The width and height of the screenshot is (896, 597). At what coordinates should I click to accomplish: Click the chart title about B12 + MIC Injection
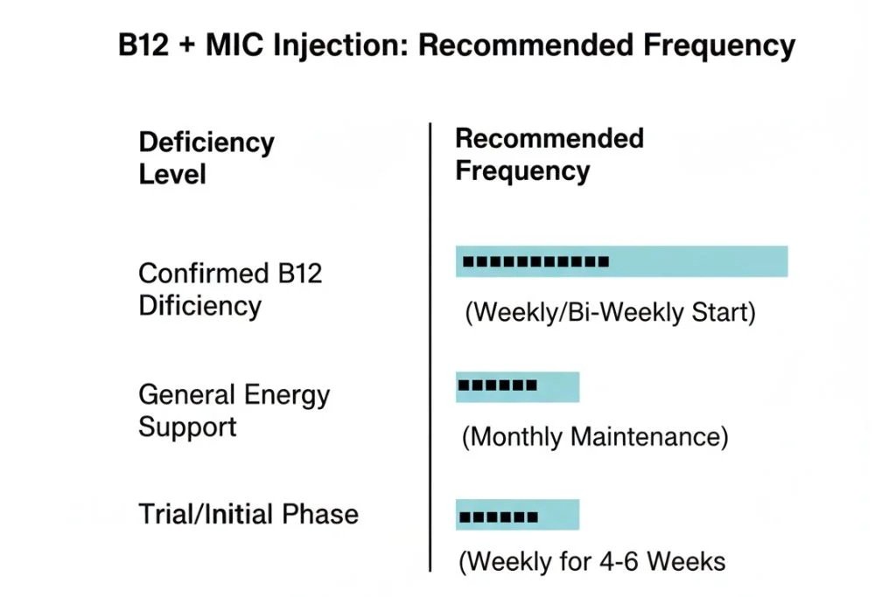coord(457,45)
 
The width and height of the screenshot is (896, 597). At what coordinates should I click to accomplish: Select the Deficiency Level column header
coord(206,157)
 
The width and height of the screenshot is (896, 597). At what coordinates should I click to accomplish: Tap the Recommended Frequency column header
coord(549,153)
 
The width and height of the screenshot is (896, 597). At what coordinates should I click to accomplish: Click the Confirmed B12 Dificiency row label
coord(230,289)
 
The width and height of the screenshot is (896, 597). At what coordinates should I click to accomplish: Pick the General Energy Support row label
coord(234,410)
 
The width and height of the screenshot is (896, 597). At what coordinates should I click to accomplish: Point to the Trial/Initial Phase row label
coord(248,513)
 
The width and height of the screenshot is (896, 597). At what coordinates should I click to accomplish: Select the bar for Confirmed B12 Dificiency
coord(621,261)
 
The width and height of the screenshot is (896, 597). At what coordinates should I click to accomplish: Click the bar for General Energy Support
coord(517,386)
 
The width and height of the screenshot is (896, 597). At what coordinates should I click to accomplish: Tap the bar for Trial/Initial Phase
coord(517,515)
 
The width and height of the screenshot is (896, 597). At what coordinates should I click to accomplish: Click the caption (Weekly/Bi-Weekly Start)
coord(609,312)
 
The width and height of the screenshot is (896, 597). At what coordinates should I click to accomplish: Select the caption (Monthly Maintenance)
coord(595,436)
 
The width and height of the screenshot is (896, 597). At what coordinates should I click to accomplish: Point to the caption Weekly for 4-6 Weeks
coord(592,560)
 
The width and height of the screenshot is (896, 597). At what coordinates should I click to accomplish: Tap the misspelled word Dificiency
coord(199,306)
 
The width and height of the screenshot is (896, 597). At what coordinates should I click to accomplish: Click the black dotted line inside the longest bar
coord(535,261)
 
